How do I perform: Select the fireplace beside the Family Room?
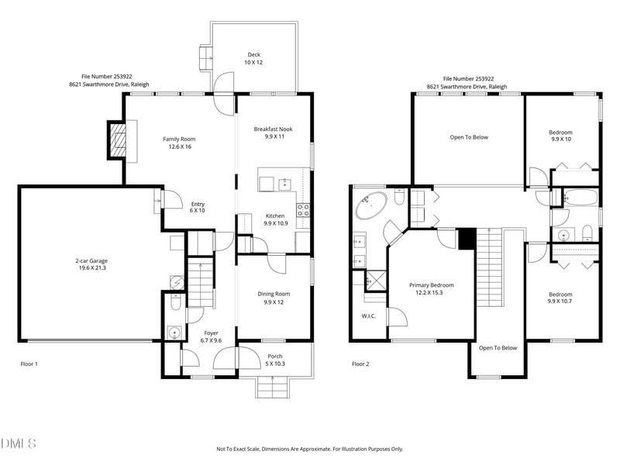[117, 140]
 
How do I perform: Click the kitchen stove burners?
[303, 210]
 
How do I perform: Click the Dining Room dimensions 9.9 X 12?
[274, 302]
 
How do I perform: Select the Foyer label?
[211, 333]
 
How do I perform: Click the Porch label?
[275, 356]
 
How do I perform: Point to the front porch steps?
[273, 387]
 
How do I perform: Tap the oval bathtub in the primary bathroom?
[371, 205]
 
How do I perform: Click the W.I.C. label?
[369, 316]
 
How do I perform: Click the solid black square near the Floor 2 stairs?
[467, 239]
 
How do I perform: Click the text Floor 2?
[360, 363]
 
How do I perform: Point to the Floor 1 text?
[29, 363]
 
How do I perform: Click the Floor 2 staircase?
[489, 267]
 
